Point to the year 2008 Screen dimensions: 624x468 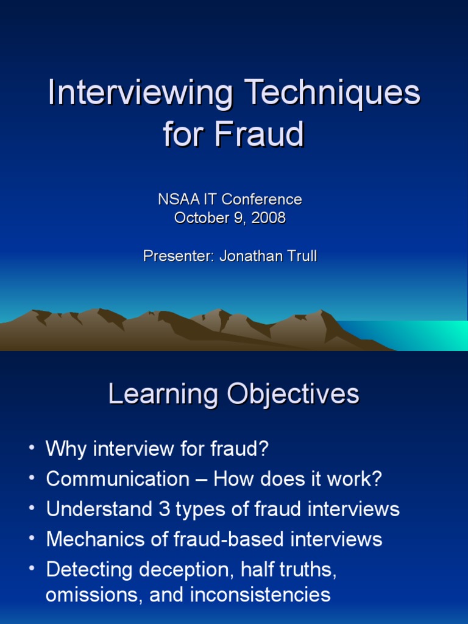[x=268, y=218]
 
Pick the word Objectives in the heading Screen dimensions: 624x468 [x=293, y=394]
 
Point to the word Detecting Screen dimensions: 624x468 [x=90, y=569]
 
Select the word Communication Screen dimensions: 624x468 [x=118, y=479]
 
